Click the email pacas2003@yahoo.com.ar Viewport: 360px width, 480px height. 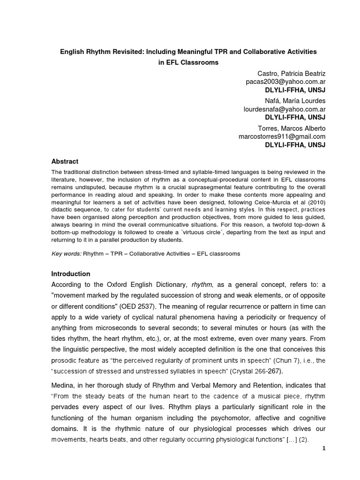pos(286,82)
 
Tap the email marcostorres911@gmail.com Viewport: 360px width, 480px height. pos(282,136)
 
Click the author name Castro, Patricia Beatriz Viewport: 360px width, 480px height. pos(292,74)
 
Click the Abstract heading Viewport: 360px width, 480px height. pos(65,161)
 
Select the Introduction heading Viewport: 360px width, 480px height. pos(71,274)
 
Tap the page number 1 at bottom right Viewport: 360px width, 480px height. pos(323,448)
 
